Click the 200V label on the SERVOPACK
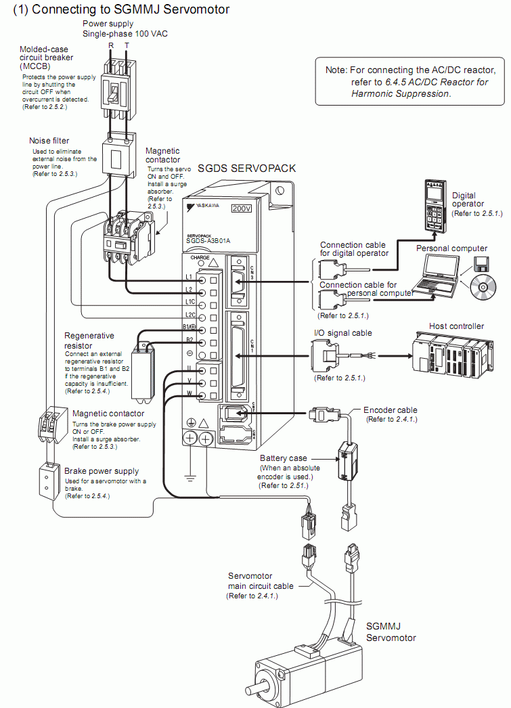[x=241, y=208]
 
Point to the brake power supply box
[x=48, y=481]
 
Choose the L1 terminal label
[x=189, y=278]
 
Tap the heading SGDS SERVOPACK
[x=246, y=168]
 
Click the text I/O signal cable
[x=343, y=333]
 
